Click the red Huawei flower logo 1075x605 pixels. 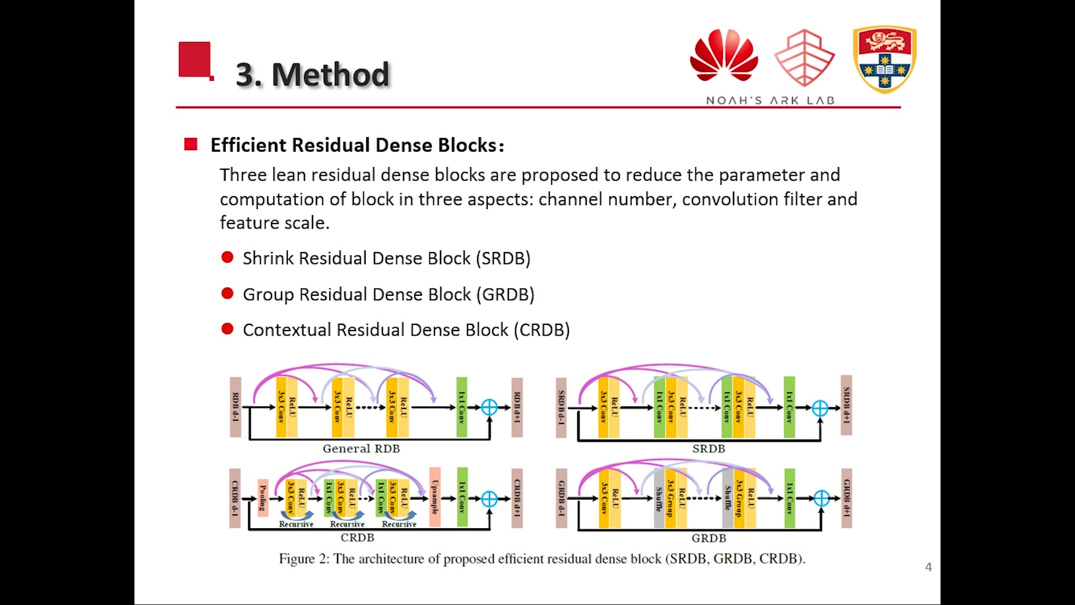pyautogui.click(x=724, y=56)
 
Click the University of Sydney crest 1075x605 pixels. pyautogui.click(x=885, y=59)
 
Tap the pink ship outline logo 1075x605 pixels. pyautogui.click(x=805, y=58)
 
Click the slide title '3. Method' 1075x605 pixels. pyautogui.click(x=312, y=75)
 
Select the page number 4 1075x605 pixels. pyautogui.click(x=928, y=567)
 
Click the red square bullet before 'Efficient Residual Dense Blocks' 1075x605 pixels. pyautogui.click(x=191, y=145)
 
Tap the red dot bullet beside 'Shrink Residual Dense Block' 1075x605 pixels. pyautogui.click(x=227, y=258)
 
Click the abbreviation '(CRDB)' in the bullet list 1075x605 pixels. pyautogui.click(x=541, y=330)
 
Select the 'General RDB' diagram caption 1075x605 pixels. pyautogui.click(x=361, y=449)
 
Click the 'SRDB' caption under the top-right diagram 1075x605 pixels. pyautogui.click(x=708, y=449)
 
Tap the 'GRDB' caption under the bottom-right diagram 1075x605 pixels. pyautogui.click(x=708, y=538)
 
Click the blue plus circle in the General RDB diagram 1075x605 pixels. pyautogui.click(x=489, y=407)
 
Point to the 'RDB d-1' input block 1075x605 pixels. pyautogui.click(x=236, y=407)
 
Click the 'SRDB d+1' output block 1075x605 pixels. pyautogui.click(x=847, y=406)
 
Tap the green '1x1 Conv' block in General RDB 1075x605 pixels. pyautogui.click(x=462, y=407)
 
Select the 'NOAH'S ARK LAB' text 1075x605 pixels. pyautogui.click(x=770, y=101)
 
